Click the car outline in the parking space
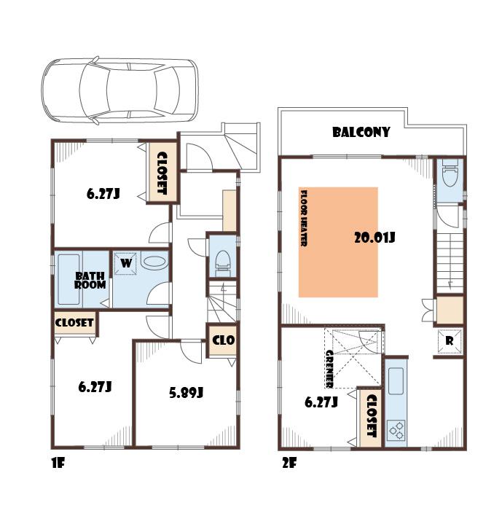pyautogui.click(x=119, y=90)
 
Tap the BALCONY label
pyautogui.click(x=361, y=133)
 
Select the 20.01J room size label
pyautogui.click(x=374, y=237)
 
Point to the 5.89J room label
pyautogui.click(x=186, y=392)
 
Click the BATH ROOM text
pyautogui.click(x=90, y=280)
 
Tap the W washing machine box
pyautogui.click(x=126, y=263)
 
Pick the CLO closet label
pyautogui.click(x=222, y=340)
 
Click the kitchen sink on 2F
pyautogui.click(x=396, y=380)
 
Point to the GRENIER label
pyautogui.click(x=329, y=368)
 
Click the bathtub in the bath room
pyautogui.click(x=68, y=280)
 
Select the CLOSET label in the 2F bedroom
pyautogui.click(x=370, y=416)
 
